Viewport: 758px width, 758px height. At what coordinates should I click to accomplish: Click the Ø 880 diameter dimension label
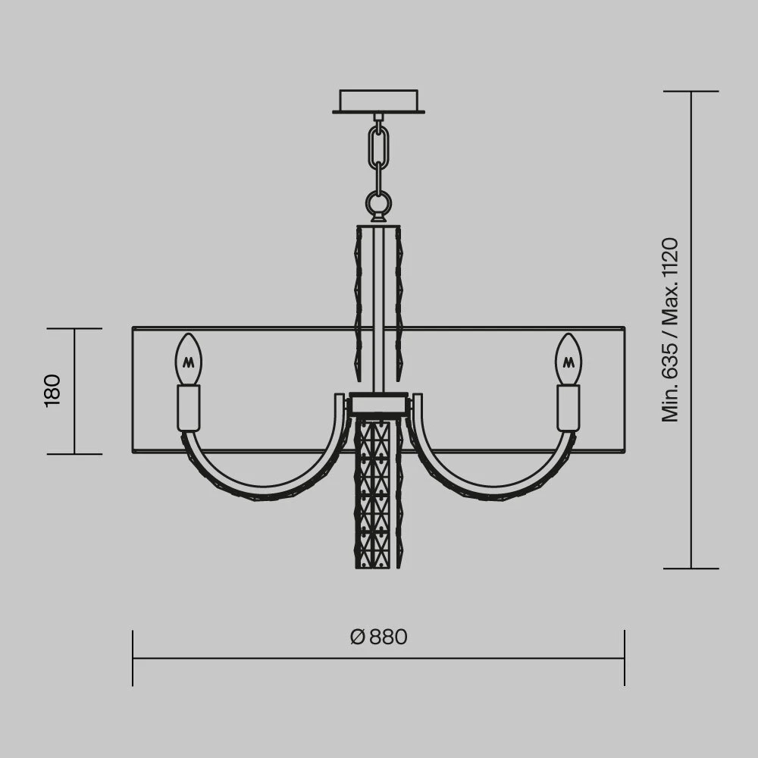click(x=379, y=637)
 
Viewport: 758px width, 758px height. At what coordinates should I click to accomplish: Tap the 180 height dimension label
click(x=52, y=390)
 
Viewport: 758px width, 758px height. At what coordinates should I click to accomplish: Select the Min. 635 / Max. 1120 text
click(x=670, y=330)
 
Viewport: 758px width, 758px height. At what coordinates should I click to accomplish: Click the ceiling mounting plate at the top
click(x=378, y=101)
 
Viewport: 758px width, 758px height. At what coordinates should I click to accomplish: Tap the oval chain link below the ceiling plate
click(x=378, y=148)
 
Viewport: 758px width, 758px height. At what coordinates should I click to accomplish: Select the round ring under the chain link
click(x=378, y=202)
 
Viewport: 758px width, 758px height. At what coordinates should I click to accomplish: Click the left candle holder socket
click(x=189, y=408)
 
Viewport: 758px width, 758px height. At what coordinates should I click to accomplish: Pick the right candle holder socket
click(x=568, y=408)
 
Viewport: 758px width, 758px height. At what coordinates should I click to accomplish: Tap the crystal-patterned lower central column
click(x=377, y=493)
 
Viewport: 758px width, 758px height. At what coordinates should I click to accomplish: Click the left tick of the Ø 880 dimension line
click(x=133, y=658)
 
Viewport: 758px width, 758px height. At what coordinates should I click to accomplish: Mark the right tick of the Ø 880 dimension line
click(x=625, y=658)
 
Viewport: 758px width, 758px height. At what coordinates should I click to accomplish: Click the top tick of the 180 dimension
click(x=74, y=329)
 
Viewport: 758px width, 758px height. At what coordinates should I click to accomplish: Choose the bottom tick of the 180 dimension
click(x=74, y=454)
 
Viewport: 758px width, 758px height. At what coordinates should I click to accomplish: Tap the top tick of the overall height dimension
click(x=691, y=92)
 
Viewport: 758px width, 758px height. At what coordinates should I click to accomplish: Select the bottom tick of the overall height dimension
click(x=691, y=568)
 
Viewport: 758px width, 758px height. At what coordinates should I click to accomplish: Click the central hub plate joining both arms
click(x=377, y=403)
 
